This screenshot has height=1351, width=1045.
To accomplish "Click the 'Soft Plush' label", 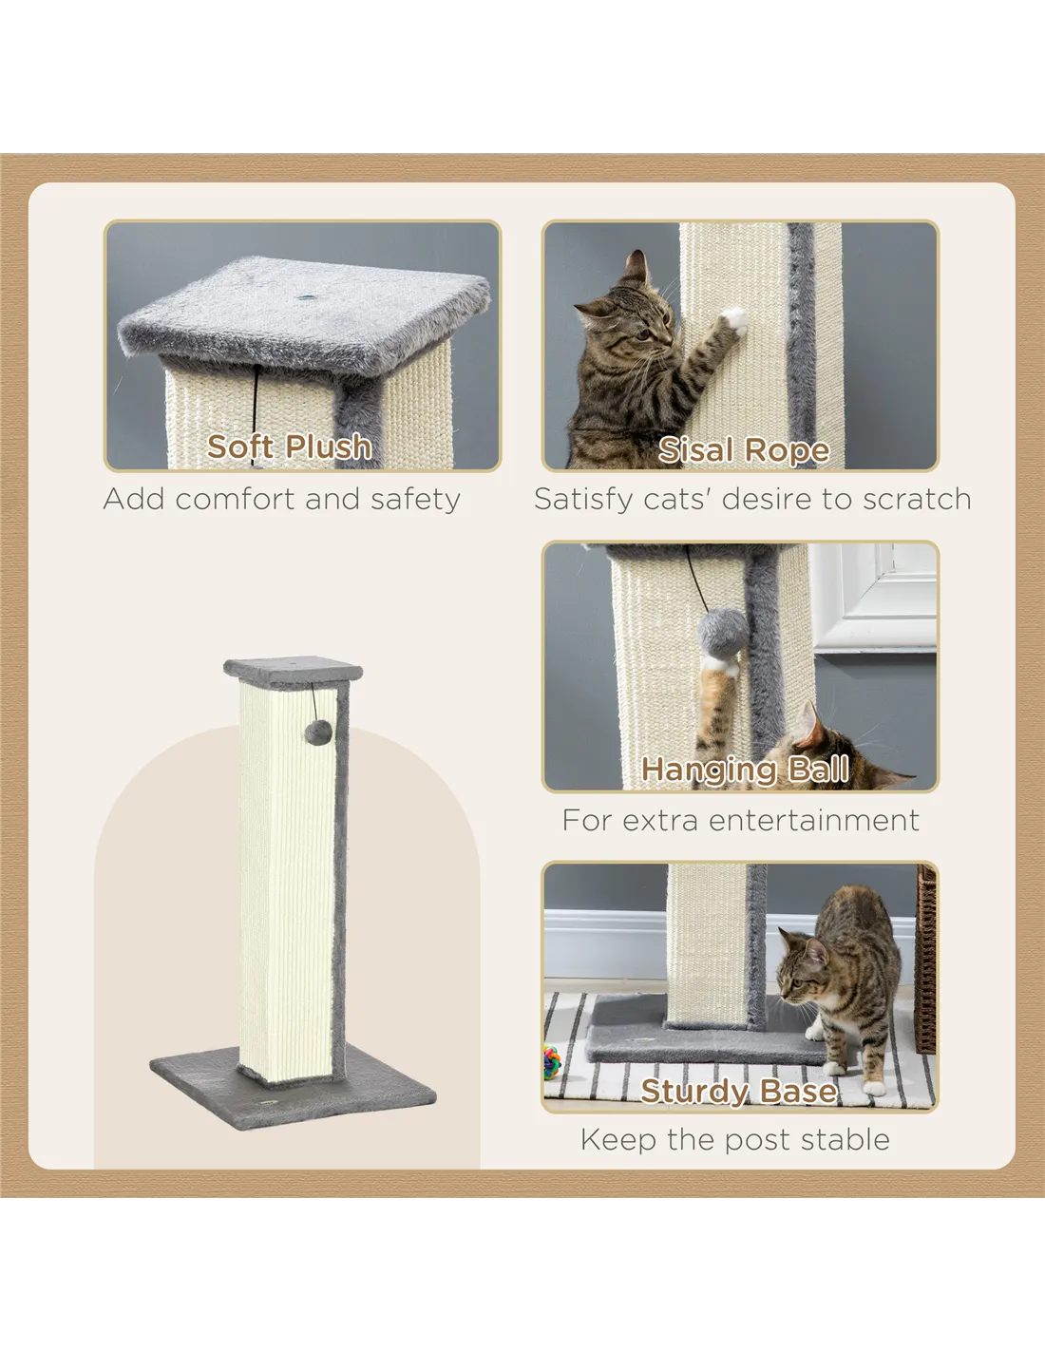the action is coord(289,447).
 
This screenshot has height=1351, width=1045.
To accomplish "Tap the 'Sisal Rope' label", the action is coord(744,450).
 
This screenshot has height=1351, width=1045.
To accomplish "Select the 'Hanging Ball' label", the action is coord(745,769).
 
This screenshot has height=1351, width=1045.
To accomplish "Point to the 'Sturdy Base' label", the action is coord(738,1091).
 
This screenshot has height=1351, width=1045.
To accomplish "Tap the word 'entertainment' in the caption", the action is coord(814,821).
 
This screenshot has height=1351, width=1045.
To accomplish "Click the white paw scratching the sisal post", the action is coord(735,319).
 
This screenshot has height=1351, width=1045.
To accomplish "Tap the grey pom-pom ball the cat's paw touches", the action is coord(722,633).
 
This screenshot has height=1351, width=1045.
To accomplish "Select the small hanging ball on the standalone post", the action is coord(318,733).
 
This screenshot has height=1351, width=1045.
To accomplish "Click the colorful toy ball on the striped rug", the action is coord(552,1062).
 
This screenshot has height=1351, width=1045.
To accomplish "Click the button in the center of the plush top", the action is coord(305,297).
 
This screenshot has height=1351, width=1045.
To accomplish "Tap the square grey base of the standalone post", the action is coord(293,1086).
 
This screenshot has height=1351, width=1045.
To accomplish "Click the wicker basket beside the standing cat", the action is coord(925,960).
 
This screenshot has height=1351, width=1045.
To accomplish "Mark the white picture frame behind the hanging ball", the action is coord(873,599).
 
